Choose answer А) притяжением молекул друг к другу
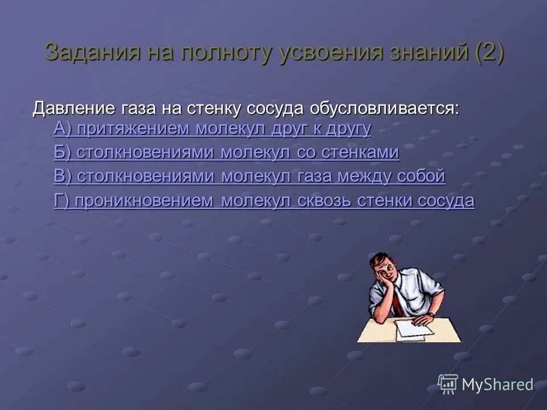tap(212, 129)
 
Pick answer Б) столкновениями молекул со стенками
tap(226, 153)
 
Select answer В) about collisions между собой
tap(249, 177)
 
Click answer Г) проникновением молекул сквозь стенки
tap(264, 200)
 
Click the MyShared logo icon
tap(448, 384)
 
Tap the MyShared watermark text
tap(497, 385)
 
